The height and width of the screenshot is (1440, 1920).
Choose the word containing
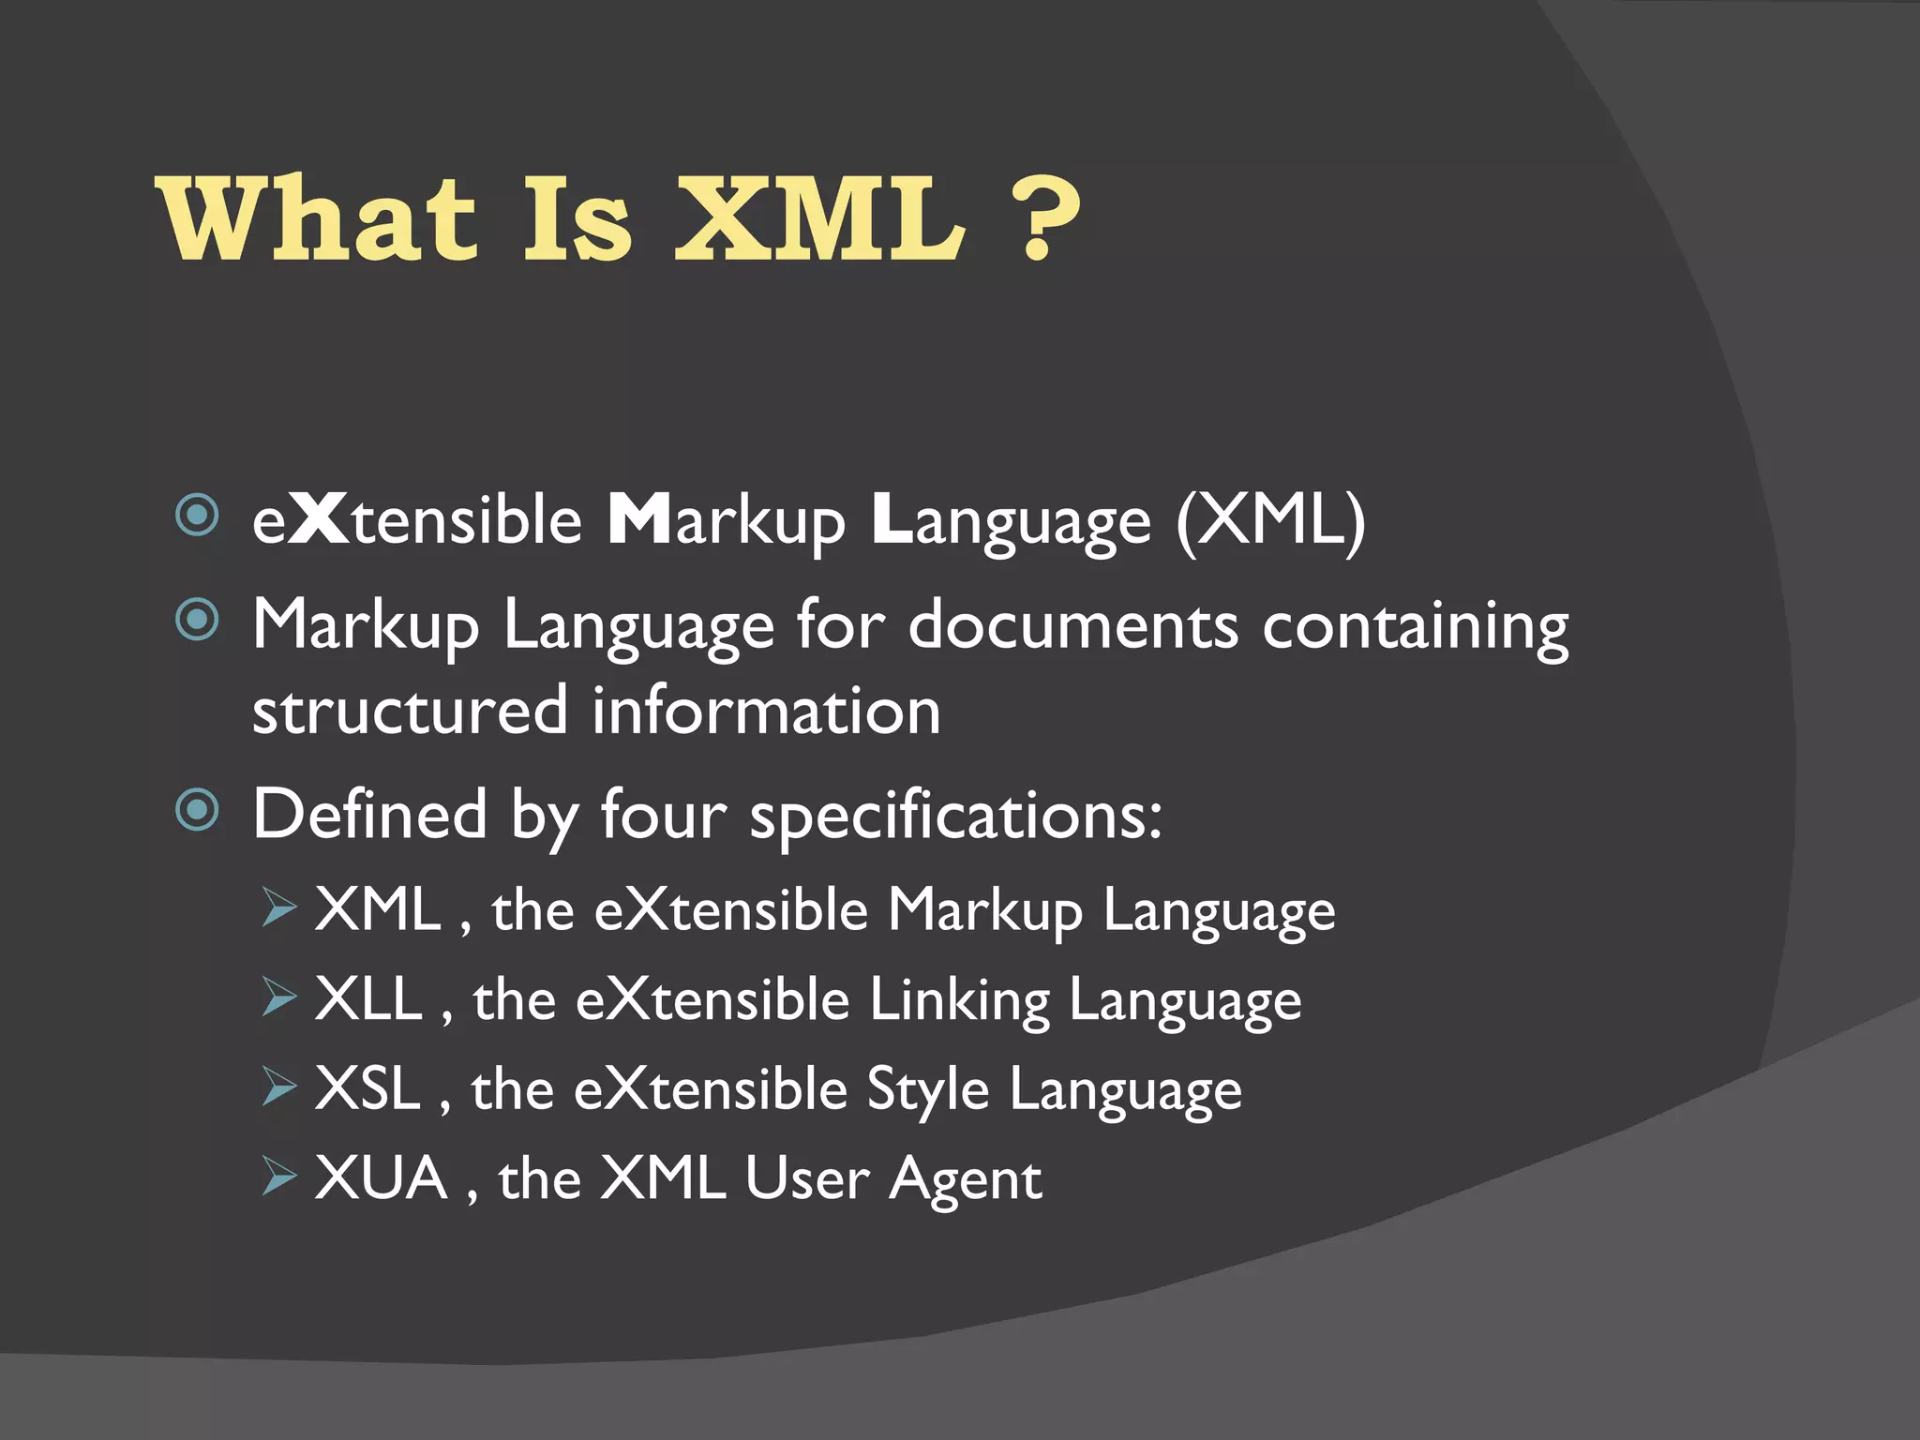(1415, 626)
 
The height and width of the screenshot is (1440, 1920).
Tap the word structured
(410, 710)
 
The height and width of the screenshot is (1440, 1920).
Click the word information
(766, 710)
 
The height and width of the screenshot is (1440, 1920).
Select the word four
(663, 814)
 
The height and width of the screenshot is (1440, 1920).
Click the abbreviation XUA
(381, 1177)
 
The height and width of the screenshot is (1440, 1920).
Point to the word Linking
(959, 999)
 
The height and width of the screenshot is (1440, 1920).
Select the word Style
(927, 1089)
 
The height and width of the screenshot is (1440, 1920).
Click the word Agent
(965, 1179)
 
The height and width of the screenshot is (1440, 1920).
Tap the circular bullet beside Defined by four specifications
(197, 810)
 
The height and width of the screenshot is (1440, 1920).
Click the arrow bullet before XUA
(278, 1176)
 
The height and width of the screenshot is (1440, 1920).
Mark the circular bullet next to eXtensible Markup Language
(197, 515)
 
